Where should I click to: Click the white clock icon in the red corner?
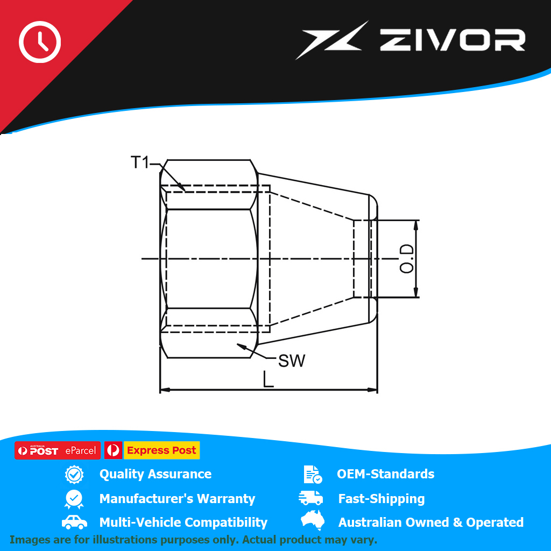[x=40, y=42]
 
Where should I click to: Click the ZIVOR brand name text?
[x=453, y=40]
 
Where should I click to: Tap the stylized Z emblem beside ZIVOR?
[x=331, y=40]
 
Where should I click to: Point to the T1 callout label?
[x=140, y=163]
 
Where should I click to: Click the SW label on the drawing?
[x=292, y=361]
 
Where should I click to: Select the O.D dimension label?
[x=407, y=259]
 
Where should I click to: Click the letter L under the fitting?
[x=268, y=379]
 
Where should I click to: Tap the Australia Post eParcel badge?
[x=58, y=450]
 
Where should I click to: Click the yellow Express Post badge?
[x=161, y=450]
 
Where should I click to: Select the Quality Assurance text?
[x=156, y=474]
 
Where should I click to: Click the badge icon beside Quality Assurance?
[x=74, y=475]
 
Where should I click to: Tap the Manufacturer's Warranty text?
[x=177, y=499]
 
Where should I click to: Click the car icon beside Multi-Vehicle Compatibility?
[x=74, y=522]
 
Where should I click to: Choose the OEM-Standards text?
[x=385, y=474]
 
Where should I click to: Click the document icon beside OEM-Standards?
[x=313, y=475]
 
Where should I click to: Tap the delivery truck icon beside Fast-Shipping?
[x=310, y=498]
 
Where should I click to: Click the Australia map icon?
[x=313, y=520]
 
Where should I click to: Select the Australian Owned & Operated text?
[x=431, y=522]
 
